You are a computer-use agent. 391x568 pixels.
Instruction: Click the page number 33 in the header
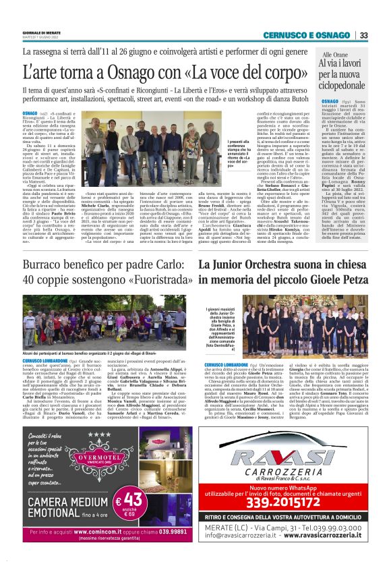pyautogui.click(x=363, y=35)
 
